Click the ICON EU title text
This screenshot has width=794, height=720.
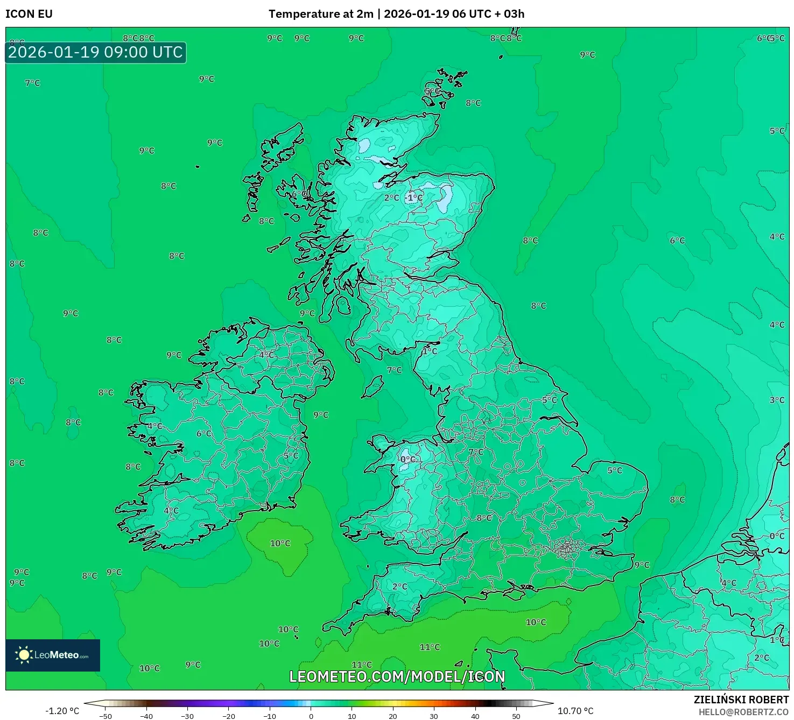[29, 14]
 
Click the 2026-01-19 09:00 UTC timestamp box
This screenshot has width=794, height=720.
[96, 53]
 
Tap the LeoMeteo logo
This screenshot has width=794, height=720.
[53, 655]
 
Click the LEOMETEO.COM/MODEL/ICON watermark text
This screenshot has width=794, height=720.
[397, 677]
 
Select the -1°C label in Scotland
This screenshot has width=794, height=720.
[414, 198]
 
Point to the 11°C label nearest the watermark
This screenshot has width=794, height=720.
[362, 665]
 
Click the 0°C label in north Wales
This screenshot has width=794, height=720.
[408, 460]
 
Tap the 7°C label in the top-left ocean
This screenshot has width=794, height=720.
[33, 83]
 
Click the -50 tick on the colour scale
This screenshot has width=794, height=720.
[106, 716]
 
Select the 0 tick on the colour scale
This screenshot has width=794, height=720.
[311, 716]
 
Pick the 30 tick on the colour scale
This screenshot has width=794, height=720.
[434, 716]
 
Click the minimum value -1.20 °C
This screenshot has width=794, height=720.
[62, 711]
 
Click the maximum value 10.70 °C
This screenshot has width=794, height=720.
[575, 711]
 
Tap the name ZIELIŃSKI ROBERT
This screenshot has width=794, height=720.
[741, 700]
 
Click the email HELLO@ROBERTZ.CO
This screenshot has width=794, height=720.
[743, 712]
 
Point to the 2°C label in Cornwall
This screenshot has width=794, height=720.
[400, 587]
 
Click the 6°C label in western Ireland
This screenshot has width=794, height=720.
[204, 434]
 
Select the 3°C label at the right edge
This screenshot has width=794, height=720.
[777, 400]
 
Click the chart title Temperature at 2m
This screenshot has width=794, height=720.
[321, 14]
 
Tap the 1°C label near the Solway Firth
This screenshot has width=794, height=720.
[430, 351]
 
